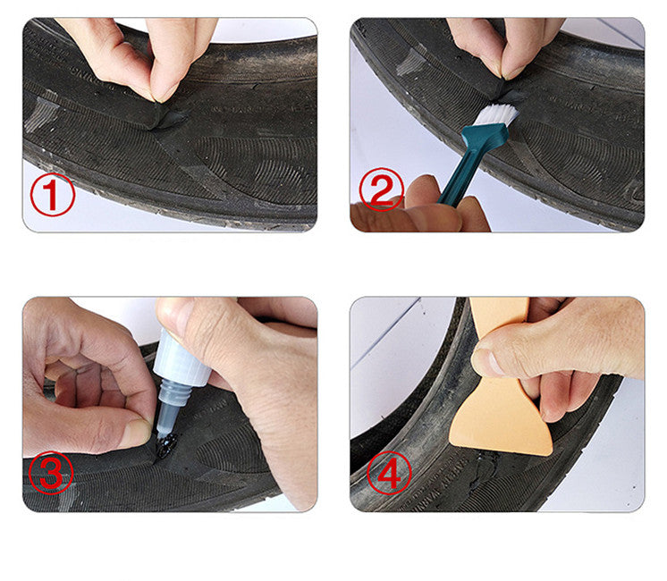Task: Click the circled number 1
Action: click(x=53, y=194)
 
